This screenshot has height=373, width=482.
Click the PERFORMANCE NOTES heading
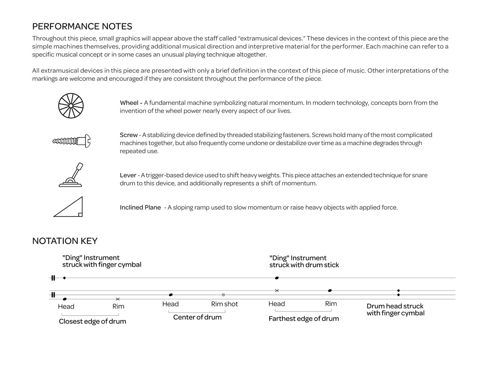[82, 26]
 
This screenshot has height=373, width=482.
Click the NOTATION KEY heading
[65, 241]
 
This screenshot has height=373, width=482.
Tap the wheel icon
[71, 106]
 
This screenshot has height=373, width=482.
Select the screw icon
[72, 141]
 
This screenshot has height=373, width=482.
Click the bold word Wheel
[129, 103]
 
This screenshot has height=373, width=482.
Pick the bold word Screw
[128, 135]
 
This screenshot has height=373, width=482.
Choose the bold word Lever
[128, 175]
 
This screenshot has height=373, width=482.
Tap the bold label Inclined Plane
[140, 207]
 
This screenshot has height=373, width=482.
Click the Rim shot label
[224, 304]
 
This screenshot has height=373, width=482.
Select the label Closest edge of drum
[92, 321]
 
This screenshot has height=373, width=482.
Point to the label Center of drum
[197, 317]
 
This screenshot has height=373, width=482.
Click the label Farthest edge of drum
[304, 319]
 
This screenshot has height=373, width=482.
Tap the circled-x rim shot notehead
[223, 295]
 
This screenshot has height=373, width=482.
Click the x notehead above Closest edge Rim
[118, 299]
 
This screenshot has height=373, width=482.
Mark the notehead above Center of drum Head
[171, 295]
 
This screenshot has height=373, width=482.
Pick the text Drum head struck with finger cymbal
[395, 310]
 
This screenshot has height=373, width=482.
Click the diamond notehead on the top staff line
[64, 278]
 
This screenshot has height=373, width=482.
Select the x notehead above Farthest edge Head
[277, 290]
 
